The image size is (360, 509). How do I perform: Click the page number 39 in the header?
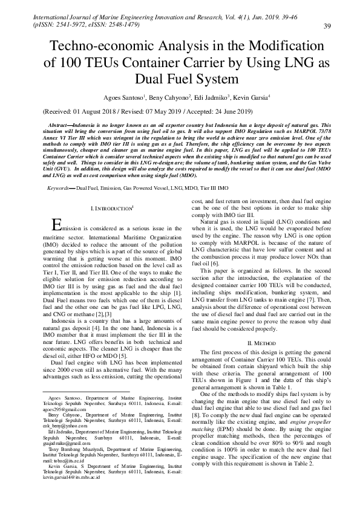pyautogui.click(x=326, y=25)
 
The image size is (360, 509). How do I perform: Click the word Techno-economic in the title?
pyautogui.click(x=101, y=47)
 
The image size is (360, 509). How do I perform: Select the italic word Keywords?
pyautogui.click(x=62, y=189)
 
